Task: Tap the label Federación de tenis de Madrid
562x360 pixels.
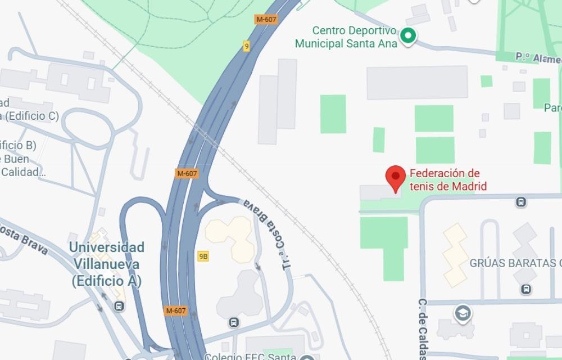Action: [x=445, y=180]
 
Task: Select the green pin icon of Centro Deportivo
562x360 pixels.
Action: [x=407, y=37]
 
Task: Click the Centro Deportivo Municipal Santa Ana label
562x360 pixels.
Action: [x=346, y=37]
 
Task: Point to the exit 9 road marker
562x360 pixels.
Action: [x=246, y=46]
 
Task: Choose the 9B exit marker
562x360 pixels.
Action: [x=203, y=256]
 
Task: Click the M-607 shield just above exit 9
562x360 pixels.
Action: [x=265, y=19]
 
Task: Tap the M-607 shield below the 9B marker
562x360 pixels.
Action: [x=177, y=310]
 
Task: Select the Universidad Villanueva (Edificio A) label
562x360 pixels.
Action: [x=106, y=264]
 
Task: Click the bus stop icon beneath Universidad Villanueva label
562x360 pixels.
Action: [x=119, y=306]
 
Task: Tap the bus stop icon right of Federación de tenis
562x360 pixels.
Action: [x=521, y=202]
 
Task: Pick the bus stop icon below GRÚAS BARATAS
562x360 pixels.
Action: [x=526, y=289]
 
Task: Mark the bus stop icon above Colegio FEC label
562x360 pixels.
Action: [x=234, y=322]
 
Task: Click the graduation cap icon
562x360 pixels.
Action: [x=463, y=312]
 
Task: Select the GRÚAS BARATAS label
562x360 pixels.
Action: [x=515, y=263]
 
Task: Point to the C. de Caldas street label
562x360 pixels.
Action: [x=423, y=329]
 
